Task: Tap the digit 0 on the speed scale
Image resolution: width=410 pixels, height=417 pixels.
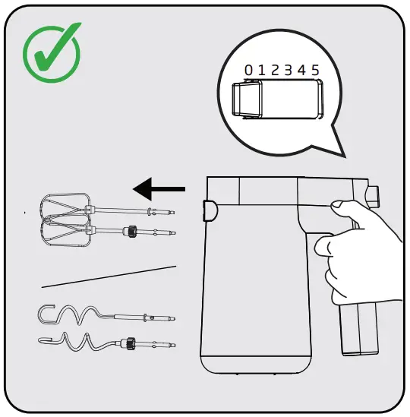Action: tap(249, 70)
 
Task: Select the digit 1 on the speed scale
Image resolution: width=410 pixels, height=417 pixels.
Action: tap(263, 70)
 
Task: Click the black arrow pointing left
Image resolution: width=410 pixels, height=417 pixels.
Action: tap(158, 187)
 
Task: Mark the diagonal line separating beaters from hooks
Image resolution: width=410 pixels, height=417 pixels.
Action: tap(109, 276)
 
